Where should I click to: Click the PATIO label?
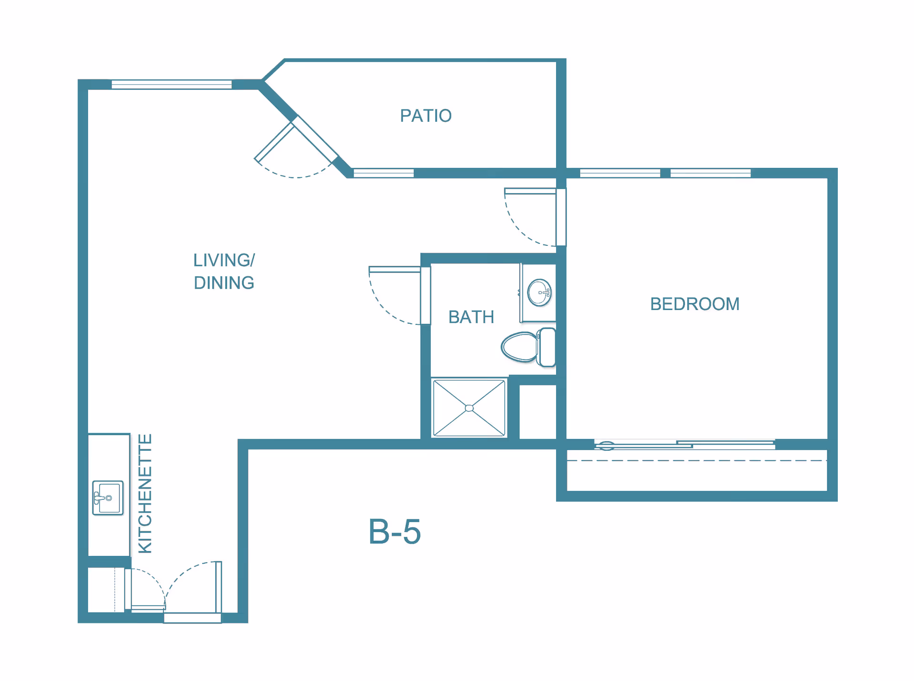426,116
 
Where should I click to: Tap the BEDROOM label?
695,304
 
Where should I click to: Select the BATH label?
471,317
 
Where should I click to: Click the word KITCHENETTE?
145,494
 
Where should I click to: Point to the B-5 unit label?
395,531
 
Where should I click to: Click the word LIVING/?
224,260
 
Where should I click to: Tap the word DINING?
224,283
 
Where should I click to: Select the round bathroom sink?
539,292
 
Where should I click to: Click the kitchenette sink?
108,498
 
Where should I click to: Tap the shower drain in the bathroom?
469,408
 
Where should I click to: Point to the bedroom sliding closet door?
685,445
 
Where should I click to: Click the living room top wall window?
171,85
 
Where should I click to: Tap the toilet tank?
547,347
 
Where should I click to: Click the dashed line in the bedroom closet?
697,460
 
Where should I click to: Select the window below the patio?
383,173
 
